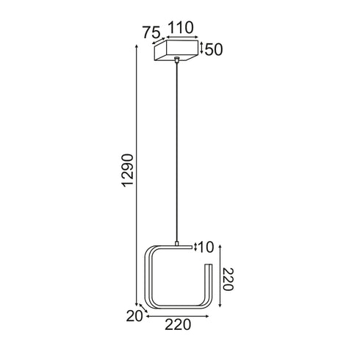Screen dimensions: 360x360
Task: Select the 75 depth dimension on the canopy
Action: pos(151,32)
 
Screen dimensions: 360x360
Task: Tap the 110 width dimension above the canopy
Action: pos(181,27)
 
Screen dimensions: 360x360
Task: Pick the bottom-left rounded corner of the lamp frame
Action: pos(152,303)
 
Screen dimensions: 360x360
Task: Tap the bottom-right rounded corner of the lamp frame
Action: pos(205,303)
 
